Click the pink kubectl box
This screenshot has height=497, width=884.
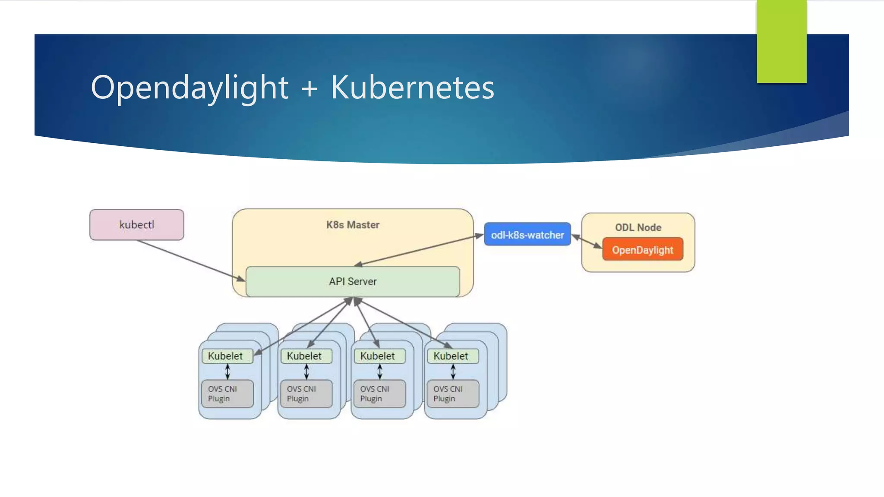pyautogui.click(x=136, y=225)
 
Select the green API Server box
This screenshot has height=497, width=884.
pyautogui.click(x=352, y=282)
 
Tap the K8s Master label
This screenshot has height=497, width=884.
pyautogui.click(x=352, y=225)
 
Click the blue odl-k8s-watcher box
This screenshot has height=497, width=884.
pyautogui.click(x=527, y=235)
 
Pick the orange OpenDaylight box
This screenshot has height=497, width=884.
pyautogui.click(x=642, y=250)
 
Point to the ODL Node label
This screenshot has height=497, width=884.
pyautogui.click(x=638, y=227)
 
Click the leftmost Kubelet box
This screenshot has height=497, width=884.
pyautogui.click(x=226, y=356)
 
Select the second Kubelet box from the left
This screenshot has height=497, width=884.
pyautogui.click(x=305, y=356)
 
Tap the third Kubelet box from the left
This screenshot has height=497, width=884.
pyautogui.click(x=378, y=356)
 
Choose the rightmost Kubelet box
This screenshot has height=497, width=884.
pyautogui.click(x=451, y=356)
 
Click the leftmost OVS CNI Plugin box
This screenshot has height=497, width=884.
pyautogui.click(x=227, y=393)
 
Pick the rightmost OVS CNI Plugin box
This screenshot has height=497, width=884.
pyautogui.click(x=452, y=393)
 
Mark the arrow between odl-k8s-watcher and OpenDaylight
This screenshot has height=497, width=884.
pyautogui.click(x=586, y=242)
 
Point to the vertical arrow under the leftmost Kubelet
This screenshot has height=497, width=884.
pyautogui.click(x=227, y=371)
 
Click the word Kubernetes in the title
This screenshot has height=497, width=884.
pyautogui.click(x=412, y=88)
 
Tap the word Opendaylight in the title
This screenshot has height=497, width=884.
pyautogui.click(x=189, y=88)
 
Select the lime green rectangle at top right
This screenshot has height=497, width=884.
pyautogui.click(x=781, y=41)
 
